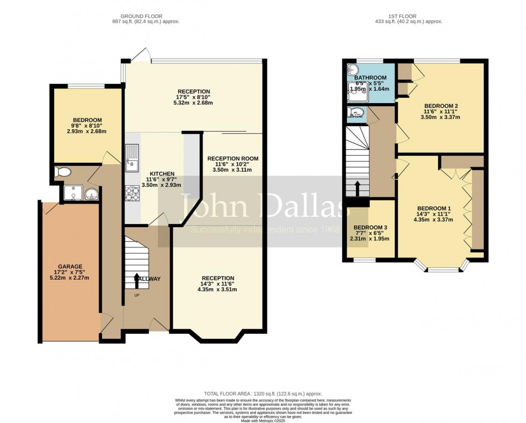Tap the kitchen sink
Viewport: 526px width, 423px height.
pos(132,159)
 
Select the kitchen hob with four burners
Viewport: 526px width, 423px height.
pos(132,193)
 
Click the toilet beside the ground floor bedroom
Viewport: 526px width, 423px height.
pos(62,172)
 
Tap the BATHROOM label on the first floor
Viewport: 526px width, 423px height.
pos(370,78)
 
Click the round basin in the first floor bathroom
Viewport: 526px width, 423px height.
pos(352,70)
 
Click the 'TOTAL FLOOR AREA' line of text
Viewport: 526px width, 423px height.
pos(262,394)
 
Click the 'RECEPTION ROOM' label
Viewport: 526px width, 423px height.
pos(233,158)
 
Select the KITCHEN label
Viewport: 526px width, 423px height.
pos(162,173)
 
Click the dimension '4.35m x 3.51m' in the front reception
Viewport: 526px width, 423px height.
pos(217,289)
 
